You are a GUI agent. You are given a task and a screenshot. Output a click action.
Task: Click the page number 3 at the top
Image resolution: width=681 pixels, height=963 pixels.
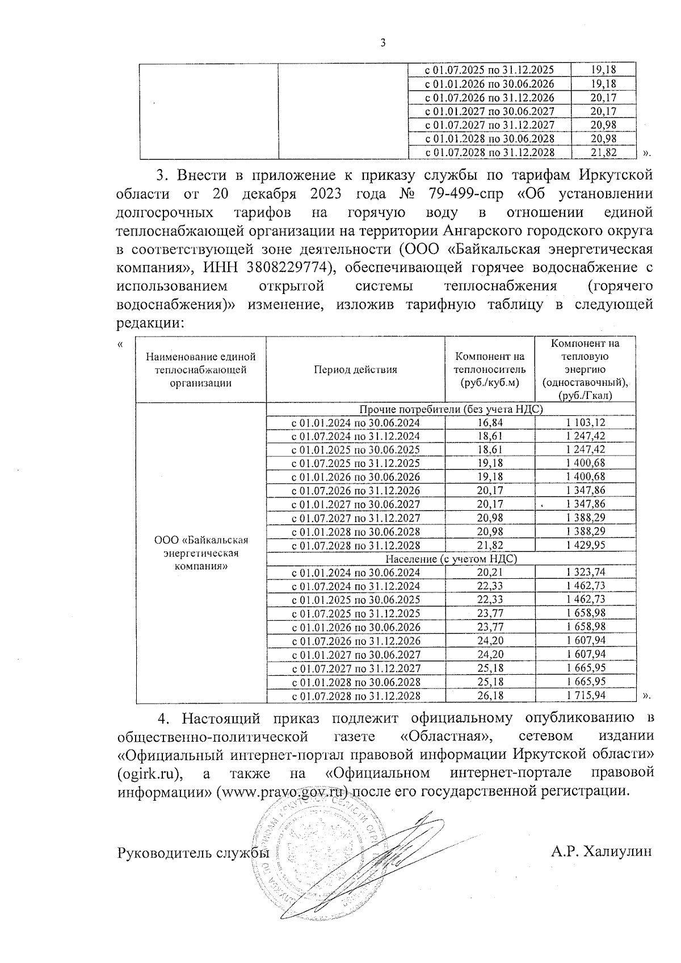(382, 43)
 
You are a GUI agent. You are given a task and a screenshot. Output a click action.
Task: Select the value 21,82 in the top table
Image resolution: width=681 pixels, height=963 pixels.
(603, 152)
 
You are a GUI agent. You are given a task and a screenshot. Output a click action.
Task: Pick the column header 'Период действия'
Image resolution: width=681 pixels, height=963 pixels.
(355, 369)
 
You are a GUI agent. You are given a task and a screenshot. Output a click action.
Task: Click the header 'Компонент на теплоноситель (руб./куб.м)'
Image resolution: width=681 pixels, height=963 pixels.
(490, 369)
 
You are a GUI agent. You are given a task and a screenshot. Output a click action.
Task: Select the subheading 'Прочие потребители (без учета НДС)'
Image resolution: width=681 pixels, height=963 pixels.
(451, 409)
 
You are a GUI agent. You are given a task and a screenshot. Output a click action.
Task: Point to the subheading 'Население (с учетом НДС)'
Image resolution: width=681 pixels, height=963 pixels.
(451, 559)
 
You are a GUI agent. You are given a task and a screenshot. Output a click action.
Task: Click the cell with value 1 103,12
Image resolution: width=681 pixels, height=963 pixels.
(586, 423)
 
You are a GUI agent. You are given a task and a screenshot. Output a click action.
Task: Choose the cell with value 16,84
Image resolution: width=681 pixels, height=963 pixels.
(490, 423)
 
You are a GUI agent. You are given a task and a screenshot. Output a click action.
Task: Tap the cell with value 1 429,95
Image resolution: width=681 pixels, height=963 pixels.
(586, 545)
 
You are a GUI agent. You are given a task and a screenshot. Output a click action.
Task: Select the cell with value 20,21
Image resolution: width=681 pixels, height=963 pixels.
(490, 573)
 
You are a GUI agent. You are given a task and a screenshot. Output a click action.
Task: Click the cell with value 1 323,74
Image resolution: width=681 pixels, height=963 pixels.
(586, 573)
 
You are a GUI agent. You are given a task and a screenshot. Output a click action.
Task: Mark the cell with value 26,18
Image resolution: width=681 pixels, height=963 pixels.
(490, 696)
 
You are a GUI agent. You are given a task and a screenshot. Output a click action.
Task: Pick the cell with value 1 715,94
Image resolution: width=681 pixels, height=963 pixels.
(586, 696)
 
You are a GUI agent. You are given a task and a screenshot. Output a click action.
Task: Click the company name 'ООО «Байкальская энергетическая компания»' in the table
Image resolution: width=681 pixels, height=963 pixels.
(201, 553)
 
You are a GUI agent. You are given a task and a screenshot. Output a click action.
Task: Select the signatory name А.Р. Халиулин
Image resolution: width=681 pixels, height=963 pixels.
(602, 852)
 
